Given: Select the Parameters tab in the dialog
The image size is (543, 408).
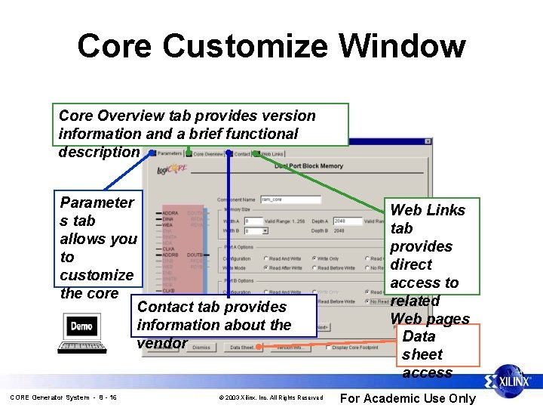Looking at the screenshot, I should [169, 153].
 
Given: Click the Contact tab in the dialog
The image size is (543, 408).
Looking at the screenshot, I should [241, 153].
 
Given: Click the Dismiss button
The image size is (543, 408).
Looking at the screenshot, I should [201, 348].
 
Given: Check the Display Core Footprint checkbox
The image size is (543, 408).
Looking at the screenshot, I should [327, 348].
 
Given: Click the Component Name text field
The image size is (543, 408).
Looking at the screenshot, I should [291, 199].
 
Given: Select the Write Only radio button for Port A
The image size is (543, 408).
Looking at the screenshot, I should [314, 258].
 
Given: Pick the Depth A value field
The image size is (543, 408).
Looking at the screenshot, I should [346, 221].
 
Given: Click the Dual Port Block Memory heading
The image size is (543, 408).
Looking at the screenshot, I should [308, 165].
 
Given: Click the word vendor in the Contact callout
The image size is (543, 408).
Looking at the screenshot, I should [161, 343].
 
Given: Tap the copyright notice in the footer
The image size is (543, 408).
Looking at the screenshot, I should [271, 397].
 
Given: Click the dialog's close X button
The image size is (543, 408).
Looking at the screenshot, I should [428, 144].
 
